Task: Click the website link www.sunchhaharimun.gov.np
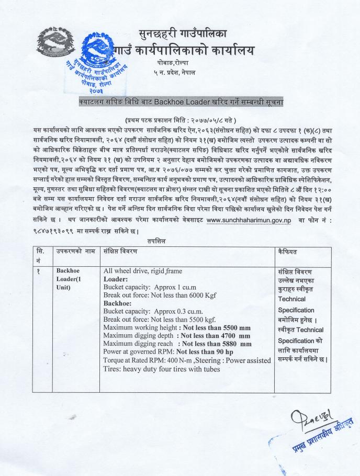tap(249, 221)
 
